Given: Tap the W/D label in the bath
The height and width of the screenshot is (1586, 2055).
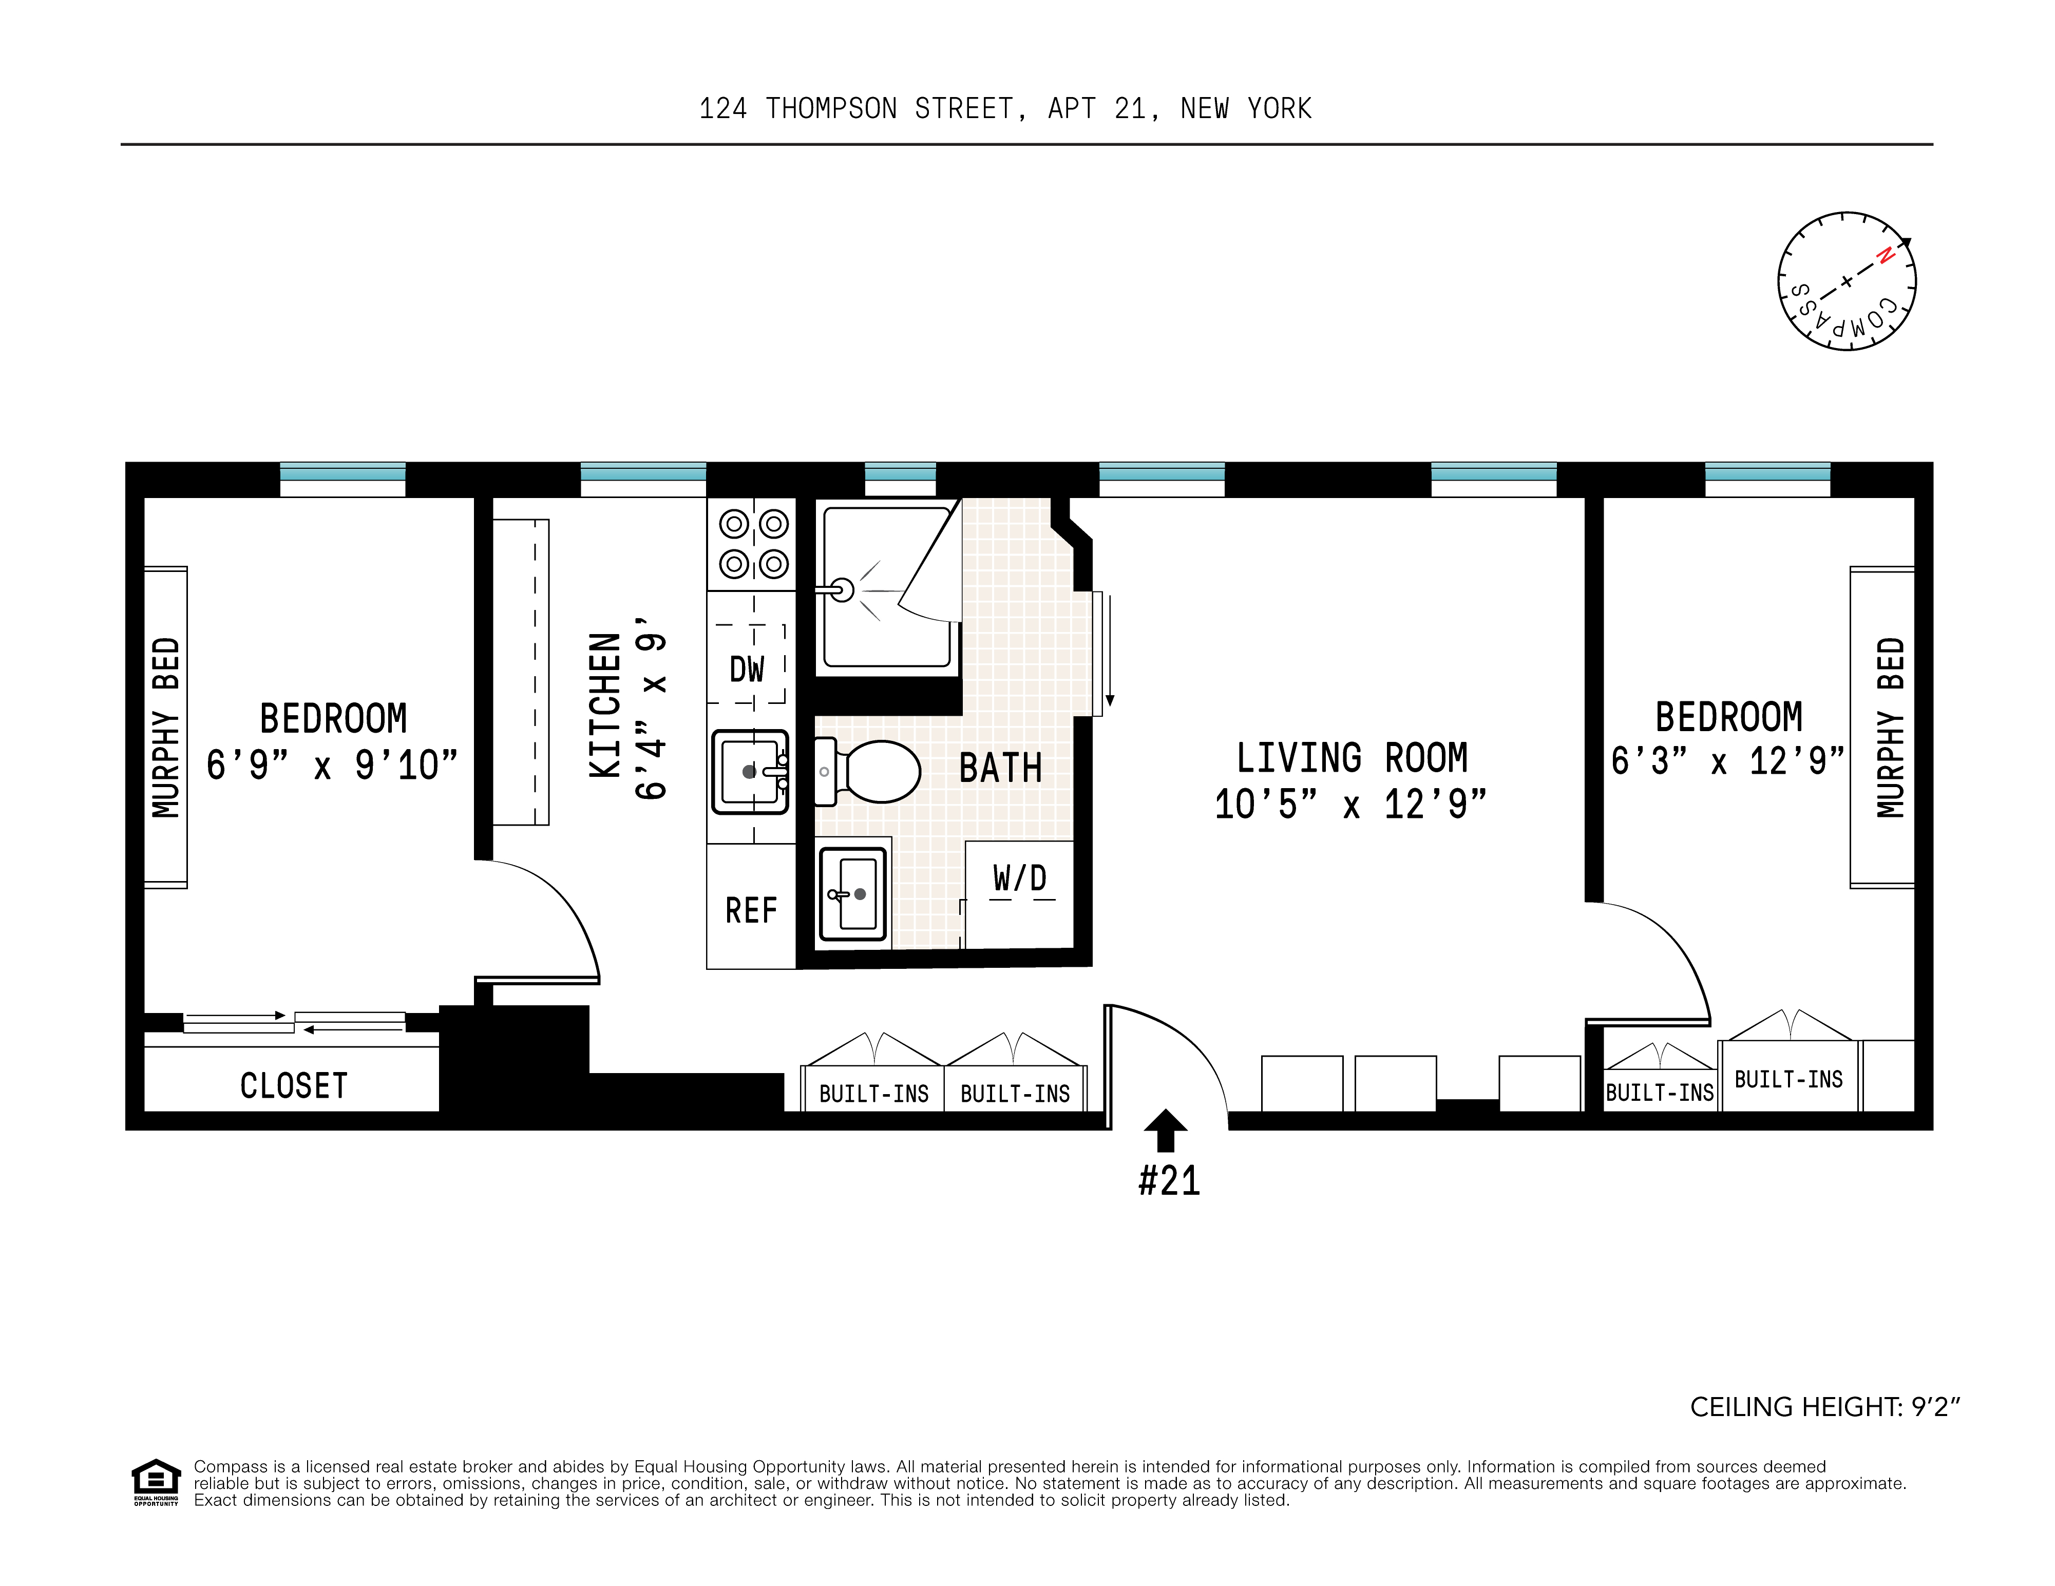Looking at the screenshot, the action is coord(1020,878).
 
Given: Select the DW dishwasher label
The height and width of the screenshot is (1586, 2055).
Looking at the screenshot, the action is coord(747,670).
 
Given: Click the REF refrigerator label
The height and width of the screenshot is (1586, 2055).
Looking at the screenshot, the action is coord(751,911).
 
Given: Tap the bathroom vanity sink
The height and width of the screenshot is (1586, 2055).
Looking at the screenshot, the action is coord(852,894).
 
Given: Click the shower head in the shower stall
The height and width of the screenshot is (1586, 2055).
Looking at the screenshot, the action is coord(840,590).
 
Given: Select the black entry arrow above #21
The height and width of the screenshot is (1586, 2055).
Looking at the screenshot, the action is coord(1166,1130).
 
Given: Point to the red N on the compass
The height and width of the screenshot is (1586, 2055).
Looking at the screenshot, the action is coord(1885,255).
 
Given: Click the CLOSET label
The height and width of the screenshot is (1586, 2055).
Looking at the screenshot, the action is coord(294,1085).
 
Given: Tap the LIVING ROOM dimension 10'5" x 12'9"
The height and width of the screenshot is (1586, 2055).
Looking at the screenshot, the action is coord(1350,804).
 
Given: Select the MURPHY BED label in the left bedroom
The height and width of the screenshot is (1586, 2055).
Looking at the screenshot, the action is coord(166,727).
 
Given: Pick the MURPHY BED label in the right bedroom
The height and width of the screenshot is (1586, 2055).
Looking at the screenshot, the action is coord(1891,727).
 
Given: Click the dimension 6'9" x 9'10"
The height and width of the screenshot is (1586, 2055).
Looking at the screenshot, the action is coord(332,765).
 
